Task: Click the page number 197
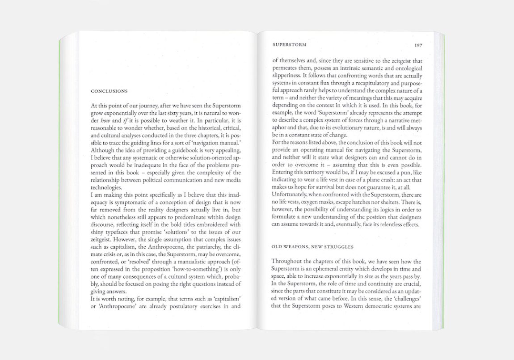[x=418, y=45]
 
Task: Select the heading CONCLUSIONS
[x=109, y=91]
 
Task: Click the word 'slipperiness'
[x=286, y=75]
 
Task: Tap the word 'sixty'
[x=179, y=114]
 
